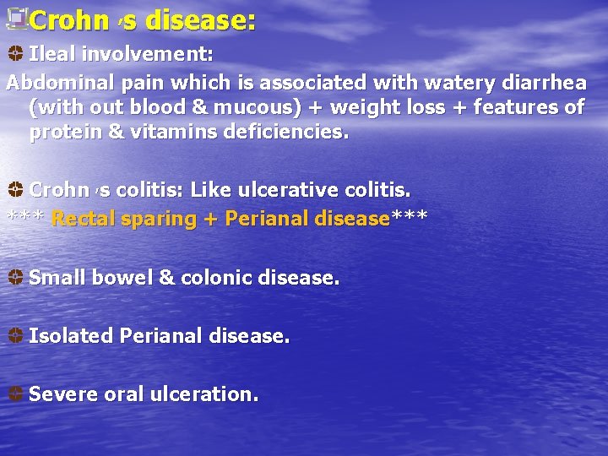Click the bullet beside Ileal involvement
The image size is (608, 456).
[x=15, y=54]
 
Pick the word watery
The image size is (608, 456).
[x=413, y=83]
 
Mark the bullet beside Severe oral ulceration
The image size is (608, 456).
[x=15, y=394]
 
